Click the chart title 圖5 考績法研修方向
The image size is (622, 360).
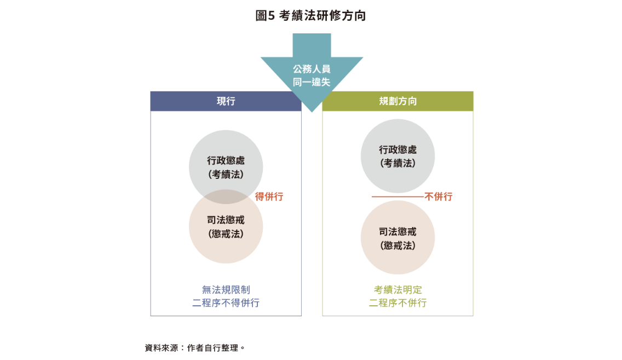coord(310,16)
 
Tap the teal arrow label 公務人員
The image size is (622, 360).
coord(312,69)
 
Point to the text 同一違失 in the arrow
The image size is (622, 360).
coord(312,82)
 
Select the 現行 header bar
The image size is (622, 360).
coord(226,101)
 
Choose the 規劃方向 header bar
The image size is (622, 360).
coord(398,101)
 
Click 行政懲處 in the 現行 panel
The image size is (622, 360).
coord(226,161)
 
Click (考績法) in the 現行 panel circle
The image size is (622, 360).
coord(226,174)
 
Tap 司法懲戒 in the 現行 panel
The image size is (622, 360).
coord(226,220)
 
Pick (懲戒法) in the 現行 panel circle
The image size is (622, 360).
coord(226,233)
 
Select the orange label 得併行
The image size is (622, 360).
coord(269,197)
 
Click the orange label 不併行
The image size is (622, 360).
coord(439,197)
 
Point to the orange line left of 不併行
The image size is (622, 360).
coord(398,196)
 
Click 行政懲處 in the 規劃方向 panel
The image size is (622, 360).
coord(398,150)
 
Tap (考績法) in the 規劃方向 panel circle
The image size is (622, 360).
coord(398,163)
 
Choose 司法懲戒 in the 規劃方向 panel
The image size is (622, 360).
coord(398,232)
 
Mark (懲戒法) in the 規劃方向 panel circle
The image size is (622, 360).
coord(398,245)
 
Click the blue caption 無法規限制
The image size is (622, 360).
coord(226,290)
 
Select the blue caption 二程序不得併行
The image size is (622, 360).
coord(226,303)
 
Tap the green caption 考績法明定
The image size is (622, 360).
coord(398,290)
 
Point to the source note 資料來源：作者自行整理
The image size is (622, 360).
coord(194,347)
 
